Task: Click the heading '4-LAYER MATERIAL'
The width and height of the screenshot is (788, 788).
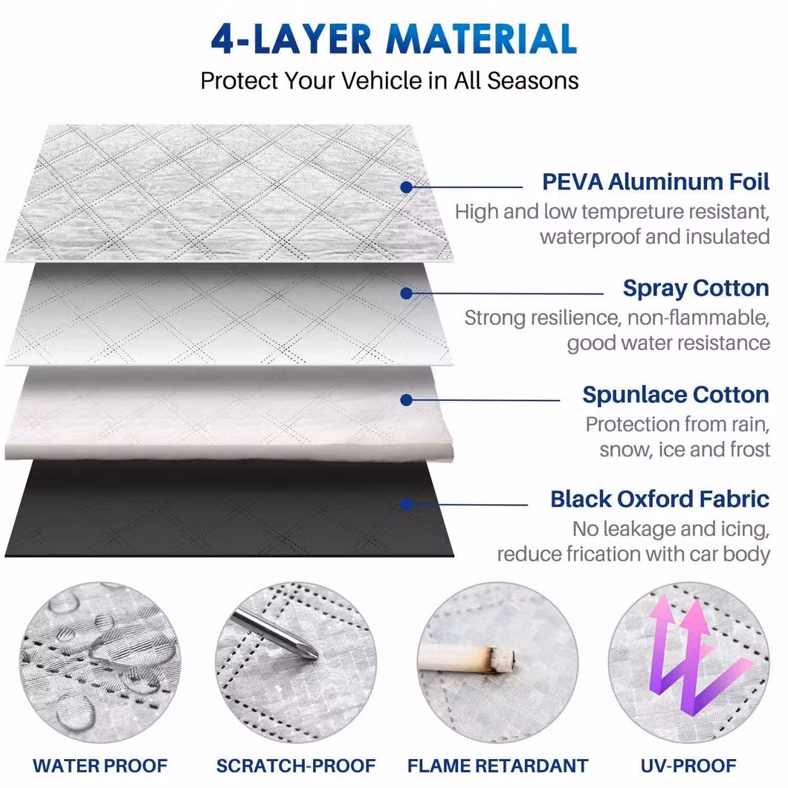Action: pyautogui.click(x=394, y=39)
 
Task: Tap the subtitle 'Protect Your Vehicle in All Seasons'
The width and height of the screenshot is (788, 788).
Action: pyautogui.click(x=390, y=81)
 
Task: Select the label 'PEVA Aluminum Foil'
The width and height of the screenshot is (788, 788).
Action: pyautogui.click(x=656, y=182)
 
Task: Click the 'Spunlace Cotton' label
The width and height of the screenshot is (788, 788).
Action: pyautogui.click(x=676, y=395)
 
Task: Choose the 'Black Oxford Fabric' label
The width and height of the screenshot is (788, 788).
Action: pyautogui.click(x=660, y=500)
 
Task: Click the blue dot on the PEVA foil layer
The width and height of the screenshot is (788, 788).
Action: pyautogui.click(x=407, y=187)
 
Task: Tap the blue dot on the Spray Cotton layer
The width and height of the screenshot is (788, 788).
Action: pyautogui.click(x=407, y=294)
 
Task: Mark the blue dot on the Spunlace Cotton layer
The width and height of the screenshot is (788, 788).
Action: pyautogui.click(x=407, y=400)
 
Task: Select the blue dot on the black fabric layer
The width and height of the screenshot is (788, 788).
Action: pyautogui.click(x=407, y=505)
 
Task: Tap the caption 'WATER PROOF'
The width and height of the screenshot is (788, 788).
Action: pyautogui.click(x=100, y=766)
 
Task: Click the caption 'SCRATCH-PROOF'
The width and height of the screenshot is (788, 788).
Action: pyautogui.click(x=296, y=766)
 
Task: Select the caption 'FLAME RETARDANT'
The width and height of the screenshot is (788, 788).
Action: pyautogui.click(x=497, y=766)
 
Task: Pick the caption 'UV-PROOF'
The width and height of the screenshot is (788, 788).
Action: pyautogui.click(x=688, y=766)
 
